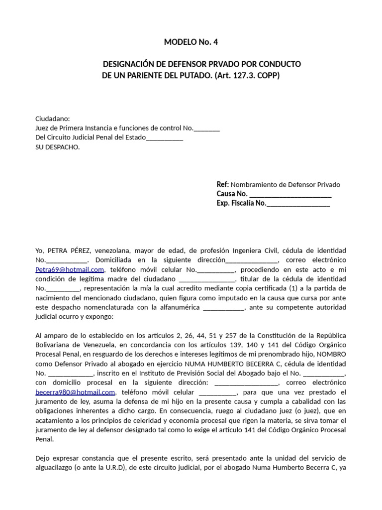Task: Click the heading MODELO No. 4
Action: point(191,42)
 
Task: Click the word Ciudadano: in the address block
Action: point(53,119)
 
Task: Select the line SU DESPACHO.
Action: point(57,147)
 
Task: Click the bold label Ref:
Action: point(223,184)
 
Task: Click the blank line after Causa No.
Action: point(290,194)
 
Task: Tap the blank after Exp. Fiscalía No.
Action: point(298,203)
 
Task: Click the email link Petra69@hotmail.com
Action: point(70,269)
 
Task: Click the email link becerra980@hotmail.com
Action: point(75,392)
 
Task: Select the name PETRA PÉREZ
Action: point(71,251)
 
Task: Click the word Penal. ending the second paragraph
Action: point(44,439)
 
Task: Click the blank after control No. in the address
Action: point(206,128)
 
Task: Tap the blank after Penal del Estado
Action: point(165,137)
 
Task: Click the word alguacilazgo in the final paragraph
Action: point(56,468)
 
